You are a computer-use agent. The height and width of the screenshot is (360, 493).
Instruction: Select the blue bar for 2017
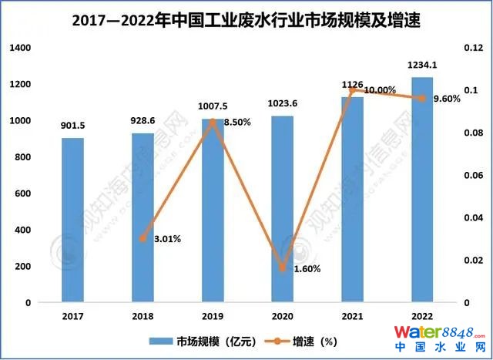[x=72, y=220]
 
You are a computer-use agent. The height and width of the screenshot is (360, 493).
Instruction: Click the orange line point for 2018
[x=143, y=238]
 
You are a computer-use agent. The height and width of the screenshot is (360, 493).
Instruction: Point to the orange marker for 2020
[x=282, y=268]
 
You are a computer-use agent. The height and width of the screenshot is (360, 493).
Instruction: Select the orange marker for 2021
[x=352, y=90]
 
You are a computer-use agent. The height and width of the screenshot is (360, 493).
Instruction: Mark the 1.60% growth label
[x=306, y=268]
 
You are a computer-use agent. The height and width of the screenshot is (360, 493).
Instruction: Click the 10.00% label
[x=382, y=90]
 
